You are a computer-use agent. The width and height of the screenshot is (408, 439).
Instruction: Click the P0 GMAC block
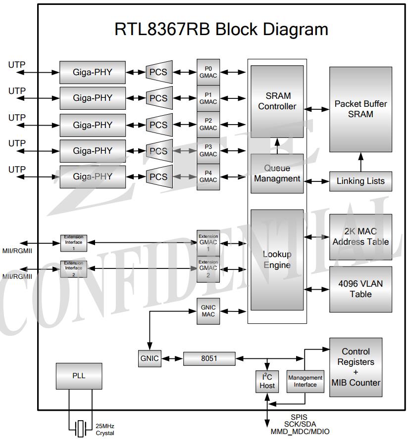coord(208,72)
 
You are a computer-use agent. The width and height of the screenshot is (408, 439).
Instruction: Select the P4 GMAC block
coord(208,177)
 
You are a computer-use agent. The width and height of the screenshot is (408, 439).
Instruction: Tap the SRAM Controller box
coord(277,101)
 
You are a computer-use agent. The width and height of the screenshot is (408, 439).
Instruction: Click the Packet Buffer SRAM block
coord(360,109)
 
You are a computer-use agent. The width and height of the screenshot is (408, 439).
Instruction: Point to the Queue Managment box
coord(277,174)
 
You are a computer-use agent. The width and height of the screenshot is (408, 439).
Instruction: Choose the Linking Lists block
coord(360,181)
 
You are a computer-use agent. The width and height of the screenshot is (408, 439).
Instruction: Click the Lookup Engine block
coord(277,260)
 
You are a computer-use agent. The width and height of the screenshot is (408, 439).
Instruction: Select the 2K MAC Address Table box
coord(360,237)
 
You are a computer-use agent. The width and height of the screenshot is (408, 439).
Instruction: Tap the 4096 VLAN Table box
coord(360,289)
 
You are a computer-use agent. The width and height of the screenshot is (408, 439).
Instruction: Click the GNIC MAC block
coord(208,311)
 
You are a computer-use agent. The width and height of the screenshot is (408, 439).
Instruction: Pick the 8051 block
coord(209,358)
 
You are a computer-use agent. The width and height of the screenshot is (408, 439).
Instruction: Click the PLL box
coord(79,376)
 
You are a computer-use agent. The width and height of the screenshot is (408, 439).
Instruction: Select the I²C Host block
coord(267,382)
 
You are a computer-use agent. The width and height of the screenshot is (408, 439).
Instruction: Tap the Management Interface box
coord(305,382)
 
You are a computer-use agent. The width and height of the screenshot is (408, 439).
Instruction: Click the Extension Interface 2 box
coord(74,269)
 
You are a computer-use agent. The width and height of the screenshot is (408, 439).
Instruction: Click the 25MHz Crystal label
coord(105,430)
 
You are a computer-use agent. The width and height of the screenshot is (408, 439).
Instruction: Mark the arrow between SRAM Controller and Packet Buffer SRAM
coord(316,109)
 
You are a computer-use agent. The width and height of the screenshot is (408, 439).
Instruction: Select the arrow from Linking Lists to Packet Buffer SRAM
coord(360,162)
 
